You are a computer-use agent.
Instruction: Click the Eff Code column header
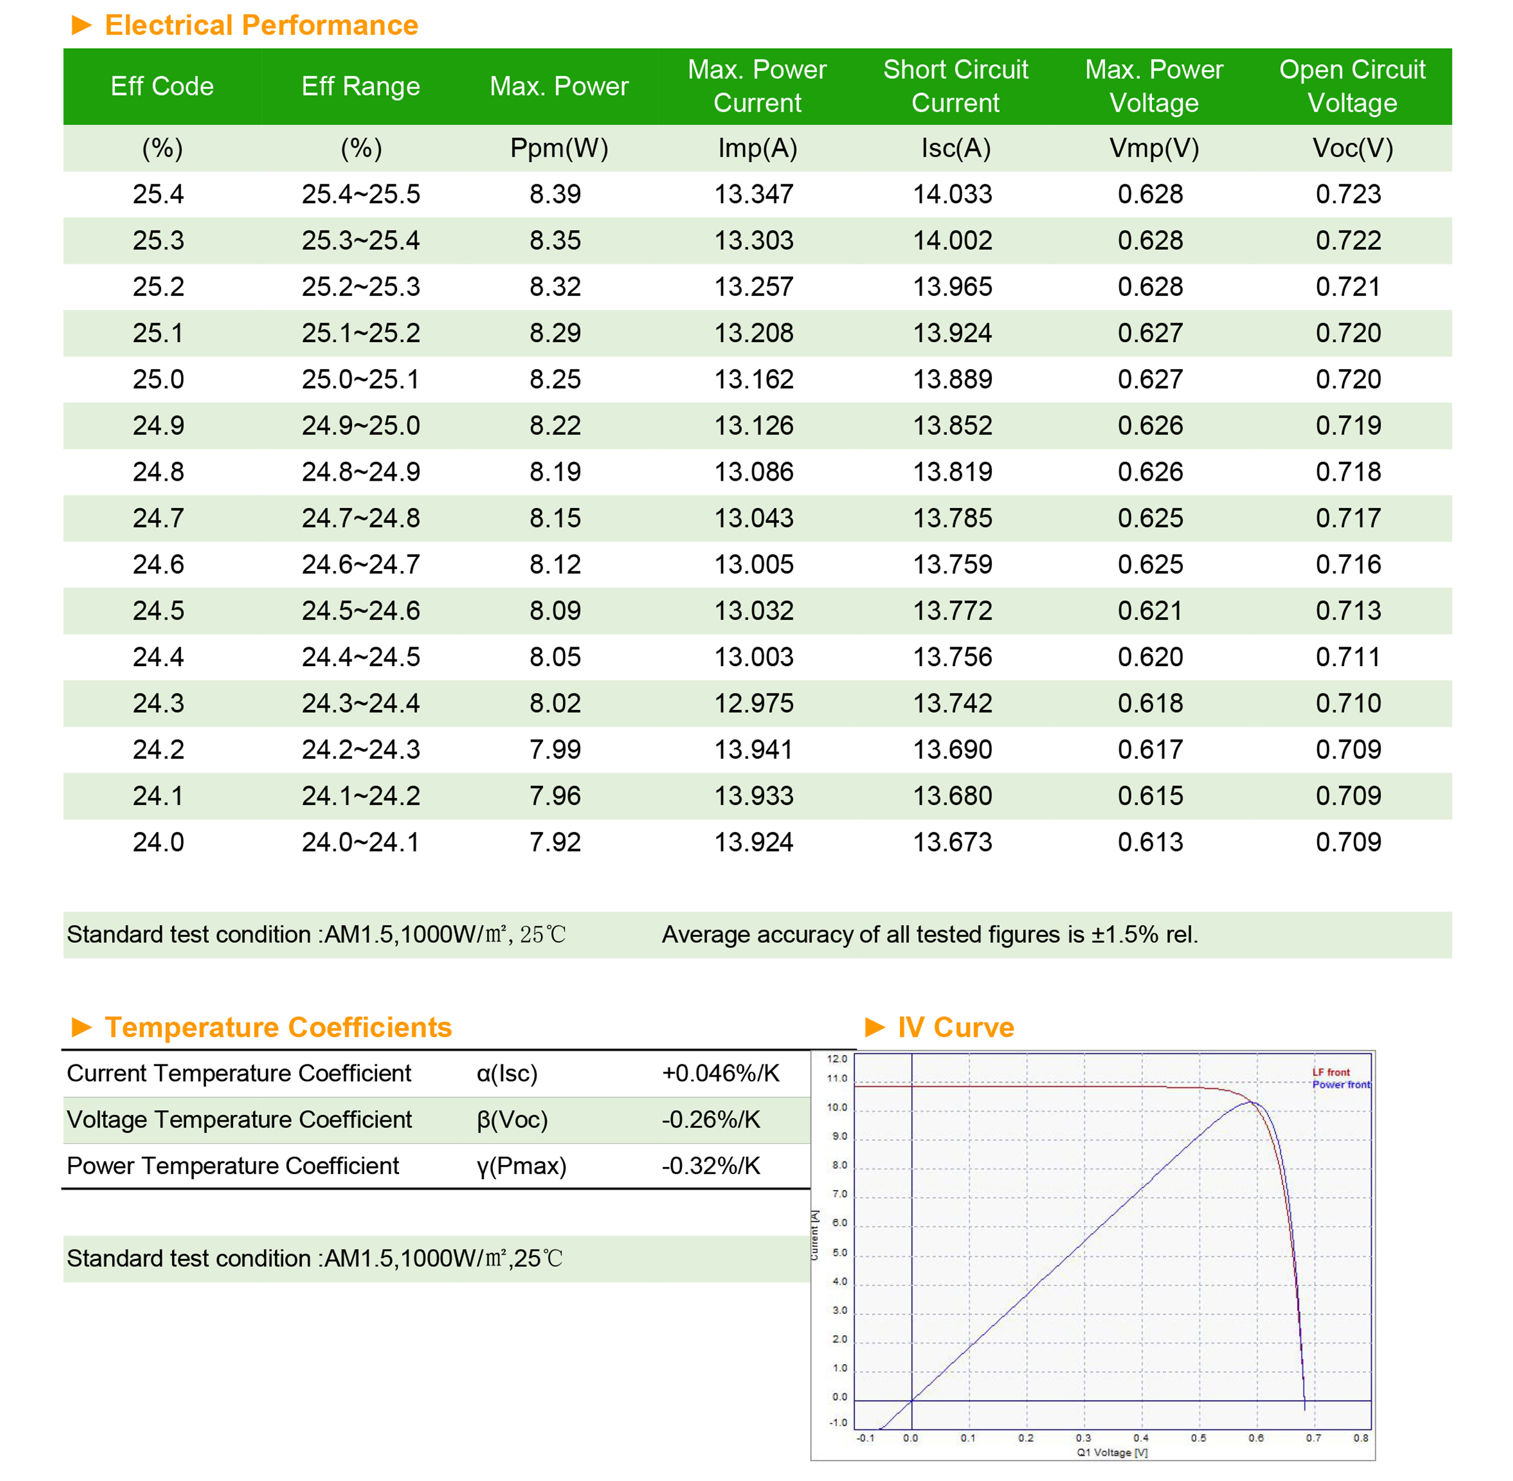(x=162, y=87)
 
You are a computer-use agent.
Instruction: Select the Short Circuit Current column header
(x=955, y=87)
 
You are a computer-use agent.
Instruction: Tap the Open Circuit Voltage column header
(x=1352, y=87)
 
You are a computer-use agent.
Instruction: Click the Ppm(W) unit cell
(x=558, y=148)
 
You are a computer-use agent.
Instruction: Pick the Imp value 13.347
(x=754, y=194)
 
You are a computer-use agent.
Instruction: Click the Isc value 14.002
(x=952, y=240)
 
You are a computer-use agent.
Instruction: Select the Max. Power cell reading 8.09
(x=555, y=611)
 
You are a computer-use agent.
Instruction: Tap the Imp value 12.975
(x=754, y=703)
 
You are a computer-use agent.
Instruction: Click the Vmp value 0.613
(x=1151, y=842)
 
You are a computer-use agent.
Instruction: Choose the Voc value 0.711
(x=1348, y=656)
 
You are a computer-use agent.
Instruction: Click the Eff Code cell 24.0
(x=159, y=842)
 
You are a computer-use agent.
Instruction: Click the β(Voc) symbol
(x=512, y=1119)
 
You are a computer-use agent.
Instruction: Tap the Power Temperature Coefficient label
(x=232, y=1166)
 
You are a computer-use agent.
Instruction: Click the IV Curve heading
(x=955, y=1028)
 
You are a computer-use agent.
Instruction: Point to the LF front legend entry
(x=1331, y=1072)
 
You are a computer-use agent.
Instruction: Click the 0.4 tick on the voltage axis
(x=1140, y=1438)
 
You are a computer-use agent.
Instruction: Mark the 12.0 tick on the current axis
(x=837, y=1059)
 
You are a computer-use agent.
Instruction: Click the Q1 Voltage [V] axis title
(x=1112, y=1452)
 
